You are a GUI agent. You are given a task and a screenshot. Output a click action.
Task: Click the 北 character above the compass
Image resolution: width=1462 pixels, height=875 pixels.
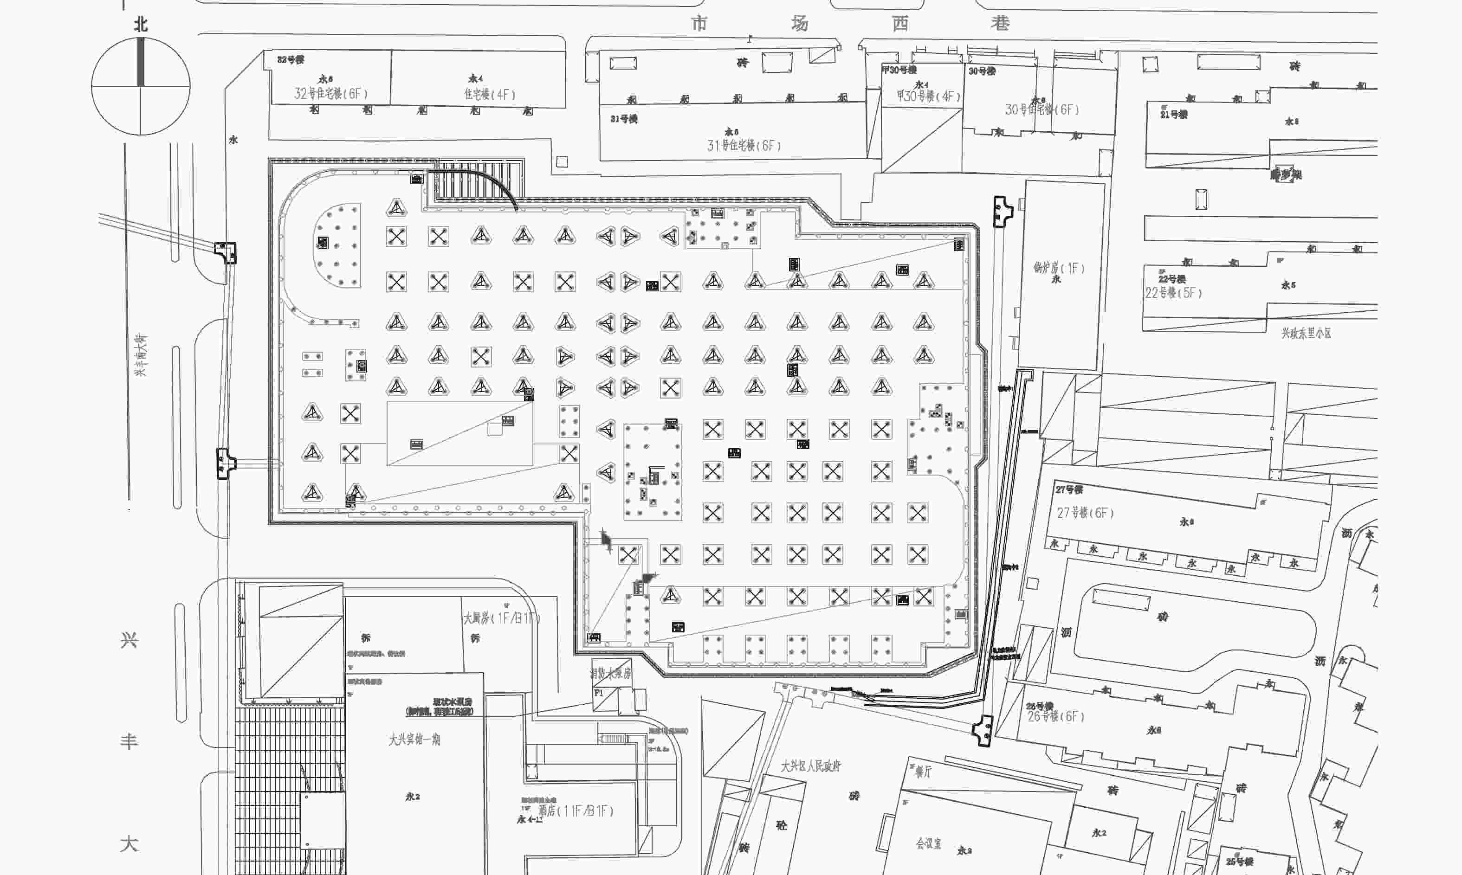140,24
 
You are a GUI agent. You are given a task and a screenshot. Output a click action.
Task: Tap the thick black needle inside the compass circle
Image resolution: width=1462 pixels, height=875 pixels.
140,62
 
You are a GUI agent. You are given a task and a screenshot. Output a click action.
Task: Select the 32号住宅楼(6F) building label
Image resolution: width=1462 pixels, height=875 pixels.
331,94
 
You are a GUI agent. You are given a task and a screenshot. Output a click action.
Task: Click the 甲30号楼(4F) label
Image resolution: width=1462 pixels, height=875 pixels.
928,96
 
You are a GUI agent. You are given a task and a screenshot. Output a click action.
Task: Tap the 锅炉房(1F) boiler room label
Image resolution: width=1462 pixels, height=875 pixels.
1059,268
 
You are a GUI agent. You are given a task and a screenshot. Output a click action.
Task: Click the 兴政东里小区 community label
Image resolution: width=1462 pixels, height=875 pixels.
1306,333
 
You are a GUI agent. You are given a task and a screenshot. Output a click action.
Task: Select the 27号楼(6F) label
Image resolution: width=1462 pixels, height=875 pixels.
1085,513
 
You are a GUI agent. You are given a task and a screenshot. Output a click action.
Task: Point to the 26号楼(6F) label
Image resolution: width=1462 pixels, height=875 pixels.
1056,716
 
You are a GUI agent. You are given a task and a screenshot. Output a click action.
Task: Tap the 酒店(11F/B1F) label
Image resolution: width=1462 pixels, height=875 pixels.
576,811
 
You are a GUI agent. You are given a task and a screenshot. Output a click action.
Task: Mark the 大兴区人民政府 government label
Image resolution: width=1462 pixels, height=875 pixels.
811,766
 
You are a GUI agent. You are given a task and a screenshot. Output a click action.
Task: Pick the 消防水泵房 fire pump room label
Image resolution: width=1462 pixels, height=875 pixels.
611,673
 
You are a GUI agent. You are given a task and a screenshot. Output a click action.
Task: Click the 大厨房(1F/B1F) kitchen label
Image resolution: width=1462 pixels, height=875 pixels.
501,618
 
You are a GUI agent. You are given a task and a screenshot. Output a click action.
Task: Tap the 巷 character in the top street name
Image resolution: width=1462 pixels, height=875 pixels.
1000,23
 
